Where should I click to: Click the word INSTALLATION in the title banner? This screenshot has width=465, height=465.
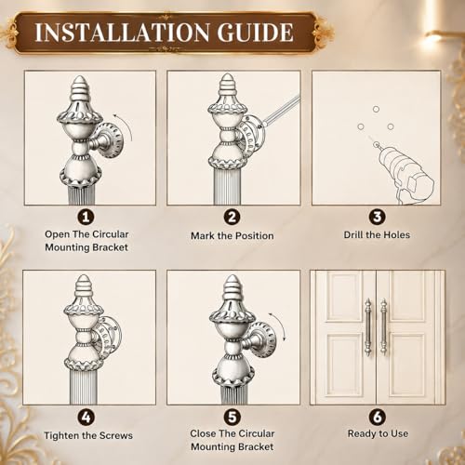point(122,33)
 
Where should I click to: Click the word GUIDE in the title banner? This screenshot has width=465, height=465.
point(255,33)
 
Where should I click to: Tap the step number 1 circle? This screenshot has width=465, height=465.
point(86,217)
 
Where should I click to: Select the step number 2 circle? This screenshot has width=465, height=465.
point(232,217)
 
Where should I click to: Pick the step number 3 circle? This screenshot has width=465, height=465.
point(377,217)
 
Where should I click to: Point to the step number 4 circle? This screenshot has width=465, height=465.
point(86,418)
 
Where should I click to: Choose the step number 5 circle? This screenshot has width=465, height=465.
point(232,418)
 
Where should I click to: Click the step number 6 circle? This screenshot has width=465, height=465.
point(377,418)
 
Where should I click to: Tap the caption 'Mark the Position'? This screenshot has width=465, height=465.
point(232,236)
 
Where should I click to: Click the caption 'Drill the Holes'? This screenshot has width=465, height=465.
point(377,235)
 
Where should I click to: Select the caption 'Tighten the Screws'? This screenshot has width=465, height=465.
point(88,435)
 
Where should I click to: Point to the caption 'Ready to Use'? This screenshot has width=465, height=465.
point(378,433)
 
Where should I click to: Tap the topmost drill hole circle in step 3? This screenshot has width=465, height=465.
point(376,109)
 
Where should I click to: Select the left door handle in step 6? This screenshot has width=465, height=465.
point(368,327)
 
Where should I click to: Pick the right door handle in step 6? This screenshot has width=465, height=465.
point(384,327)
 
